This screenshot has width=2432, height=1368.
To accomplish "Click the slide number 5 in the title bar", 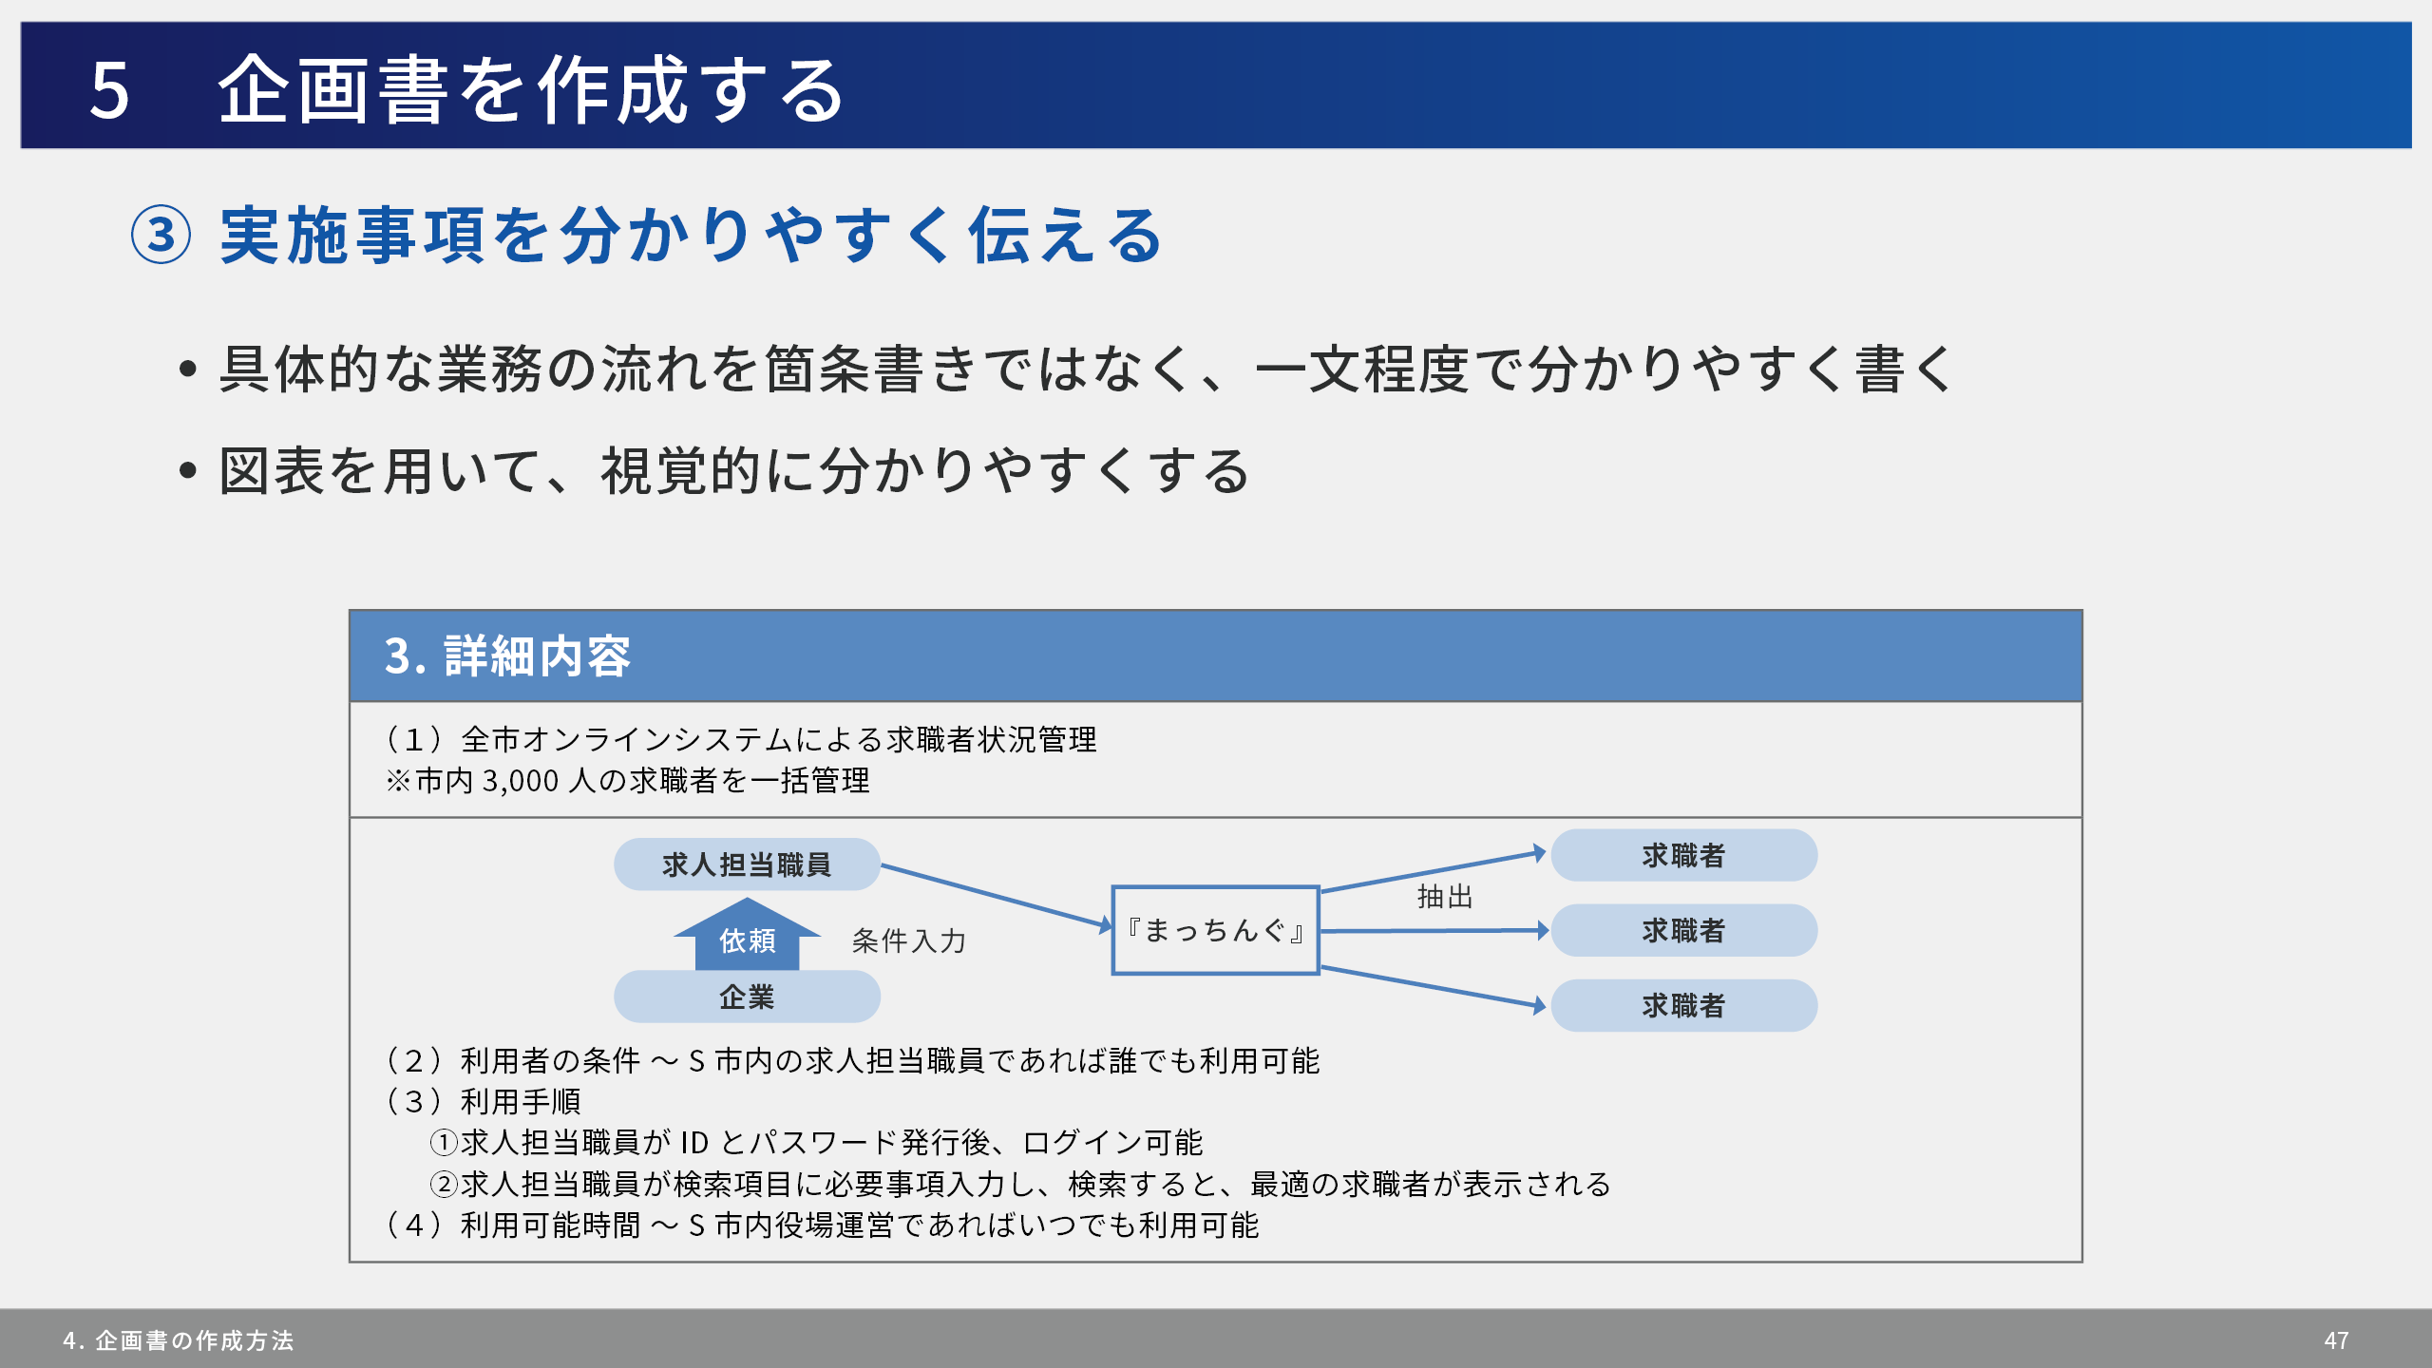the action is [109, 90].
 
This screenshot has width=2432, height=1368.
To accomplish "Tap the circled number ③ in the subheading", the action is [161, 235].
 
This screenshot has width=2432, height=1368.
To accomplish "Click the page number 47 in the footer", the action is [2336, 1340].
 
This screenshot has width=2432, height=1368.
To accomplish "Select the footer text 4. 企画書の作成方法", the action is [179, 1340].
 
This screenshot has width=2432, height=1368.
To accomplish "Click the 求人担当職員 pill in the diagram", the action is [747, 864].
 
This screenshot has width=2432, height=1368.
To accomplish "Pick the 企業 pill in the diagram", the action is [747, 997].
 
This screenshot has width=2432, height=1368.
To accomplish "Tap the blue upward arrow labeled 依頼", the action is [747, 935].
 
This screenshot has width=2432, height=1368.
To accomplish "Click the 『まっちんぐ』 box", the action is [1215, 930].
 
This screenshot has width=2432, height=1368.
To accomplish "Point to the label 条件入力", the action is [908, 940].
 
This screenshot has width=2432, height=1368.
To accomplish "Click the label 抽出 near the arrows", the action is [1445, 896].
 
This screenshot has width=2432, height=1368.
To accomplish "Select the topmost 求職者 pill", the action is [1683, 855].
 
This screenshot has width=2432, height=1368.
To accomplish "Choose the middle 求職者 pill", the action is [1683, 930].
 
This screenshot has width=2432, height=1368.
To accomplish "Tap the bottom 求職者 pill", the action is [1683, 1005].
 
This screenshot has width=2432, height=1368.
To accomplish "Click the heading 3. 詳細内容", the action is [507, 655].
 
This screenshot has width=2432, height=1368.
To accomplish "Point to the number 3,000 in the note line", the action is [521, 781].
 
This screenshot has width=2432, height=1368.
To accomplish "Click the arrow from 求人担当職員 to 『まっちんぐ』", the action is [996, 896].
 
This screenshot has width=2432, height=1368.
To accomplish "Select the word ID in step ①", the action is [693, 1142].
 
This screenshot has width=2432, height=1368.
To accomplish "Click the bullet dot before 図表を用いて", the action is [188, 469].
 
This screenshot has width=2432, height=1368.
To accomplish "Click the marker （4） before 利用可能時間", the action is [414, 1225].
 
